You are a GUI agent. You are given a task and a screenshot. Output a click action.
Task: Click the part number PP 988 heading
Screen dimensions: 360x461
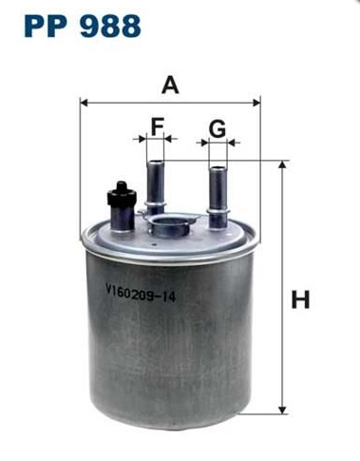[x=82, y=26]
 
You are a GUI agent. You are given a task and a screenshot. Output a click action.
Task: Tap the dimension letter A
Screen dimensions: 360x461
[x=170, y=86]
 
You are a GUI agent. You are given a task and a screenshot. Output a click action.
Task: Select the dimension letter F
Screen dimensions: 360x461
[x=158, y=126]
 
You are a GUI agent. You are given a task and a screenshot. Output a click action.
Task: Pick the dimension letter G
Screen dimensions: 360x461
[x=218, y=129]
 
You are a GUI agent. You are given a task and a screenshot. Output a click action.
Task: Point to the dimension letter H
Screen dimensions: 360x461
[x=300, y=299]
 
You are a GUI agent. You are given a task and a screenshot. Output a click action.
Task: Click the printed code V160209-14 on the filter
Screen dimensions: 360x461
[x=141, y=293]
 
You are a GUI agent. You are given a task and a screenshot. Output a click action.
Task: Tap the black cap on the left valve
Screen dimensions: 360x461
[x=122, y=193]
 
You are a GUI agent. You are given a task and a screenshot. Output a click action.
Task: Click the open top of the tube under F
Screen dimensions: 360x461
[x=155, y=163]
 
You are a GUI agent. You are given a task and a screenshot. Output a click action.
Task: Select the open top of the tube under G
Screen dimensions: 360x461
[x=218, y=168]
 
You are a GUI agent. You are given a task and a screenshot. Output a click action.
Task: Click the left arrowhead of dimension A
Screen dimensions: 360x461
[x=84, y=103]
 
